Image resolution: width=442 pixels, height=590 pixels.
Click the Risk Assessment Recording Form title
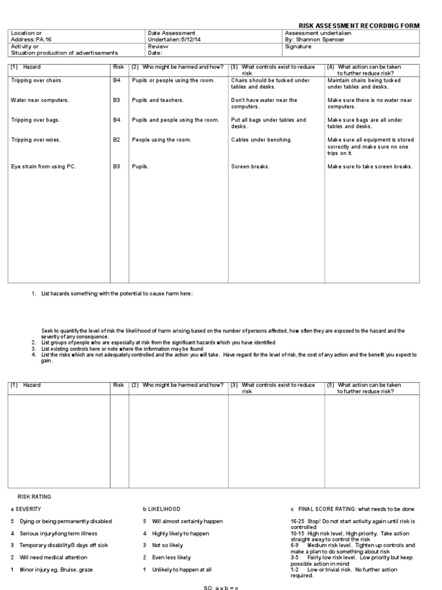click(x=359, y=26)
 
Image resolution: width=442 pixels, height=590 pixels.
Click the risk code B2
click(x=117, y=140)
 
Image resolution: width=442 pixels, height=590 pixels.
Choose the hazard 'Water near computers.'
click(x=40, y=100)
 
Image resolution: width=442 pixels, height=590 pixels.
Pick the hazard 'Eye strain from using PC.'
click(x=44, y=167)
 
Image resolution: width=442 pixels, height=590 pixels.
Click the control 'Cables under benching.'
click(x=261, y=140)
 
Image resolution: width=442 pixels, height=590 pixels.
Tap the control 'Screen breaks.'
click(x=250, y=167)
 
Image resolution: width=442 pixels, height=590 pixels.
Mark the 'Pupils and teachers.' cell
click(x=158, y=100)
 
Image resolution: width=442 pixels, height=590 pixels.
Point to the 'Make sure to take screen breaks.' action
click(x=370, y=167)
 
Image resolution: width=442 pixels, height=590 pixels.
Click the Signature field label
click(x=298, y=46)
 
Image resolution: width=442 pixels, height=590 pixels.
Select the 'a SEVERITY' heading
click(x=26, y=509)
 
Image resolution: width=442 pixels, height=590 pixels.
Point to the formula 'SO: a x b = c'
click(x=221, y=587)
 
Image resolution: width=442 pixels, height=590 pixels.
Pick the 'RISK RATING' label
click(x=34, y=496)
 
